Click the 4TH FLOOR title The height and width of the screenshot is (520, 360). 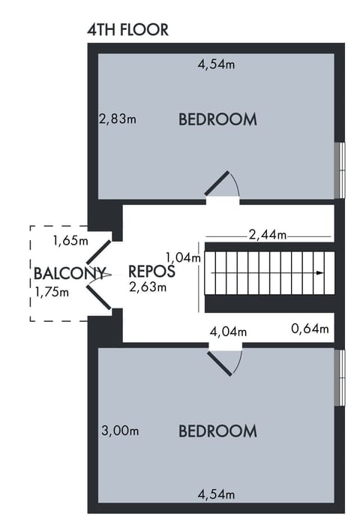pos(127,30)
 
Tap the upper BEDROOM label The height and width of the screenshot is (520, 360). pos(217,119)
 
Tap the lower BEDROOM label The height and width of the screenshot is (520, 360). pos(217,431)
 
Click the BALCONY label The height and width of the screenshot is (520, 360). pos(68,272)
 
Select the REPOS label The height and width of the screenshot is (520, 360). pos(151,271)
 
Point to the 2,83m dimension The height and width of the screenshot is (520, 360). pos(118,118)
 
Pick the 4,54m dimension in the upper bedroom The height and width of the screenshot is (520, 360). pos(216,65)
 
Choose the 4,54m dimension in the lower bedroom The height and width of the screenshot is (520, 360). pos(216,494)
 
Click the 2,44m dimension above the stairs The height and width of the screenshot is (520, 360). pos(268,235)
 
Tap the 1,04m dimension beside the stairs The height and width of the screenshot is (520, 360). pos(183,257)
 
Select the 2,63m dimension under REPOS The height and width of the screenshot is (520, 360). pos(147,286)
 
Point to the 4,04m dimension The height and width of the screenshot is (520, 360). pos(229,330)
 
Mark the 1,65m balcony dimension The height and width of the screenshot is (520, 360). pos(70,241)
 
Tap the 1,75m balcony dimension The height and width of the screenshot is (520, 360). pos(52,291)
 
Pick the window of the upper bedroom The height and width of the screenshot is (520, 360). pos(340,170)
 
